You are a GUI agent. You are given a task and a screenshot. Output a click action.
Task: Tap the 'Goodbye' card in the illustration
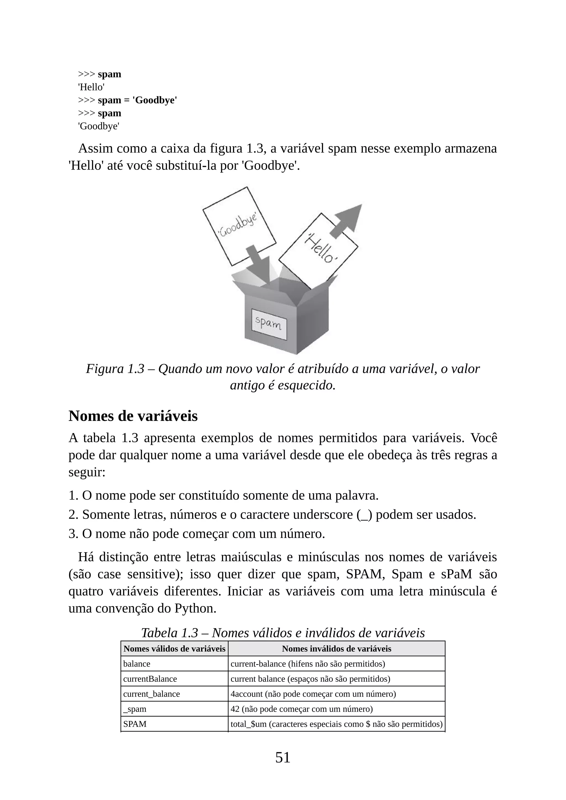pyautogui.click(x=239, y=226)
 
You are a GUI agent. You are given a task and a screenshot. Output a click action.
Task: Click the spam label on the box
pyautogui.click(x=269, y=324)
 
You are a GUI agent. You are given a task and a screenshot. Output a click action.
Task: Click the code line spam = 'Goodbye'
pyautogui.click(x=137, y=100)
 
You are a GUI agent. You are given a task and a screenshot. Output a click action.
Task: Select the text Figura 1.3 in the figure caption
pyautogui.click(x=115, y=369)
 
